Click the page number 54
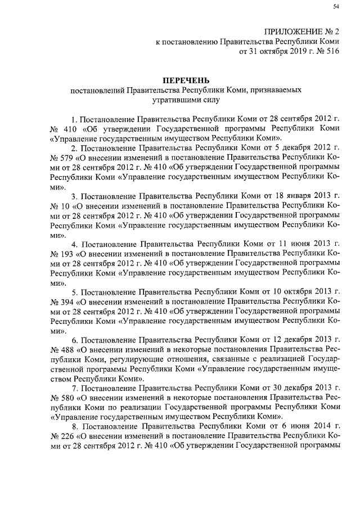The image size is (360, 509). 336,6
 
